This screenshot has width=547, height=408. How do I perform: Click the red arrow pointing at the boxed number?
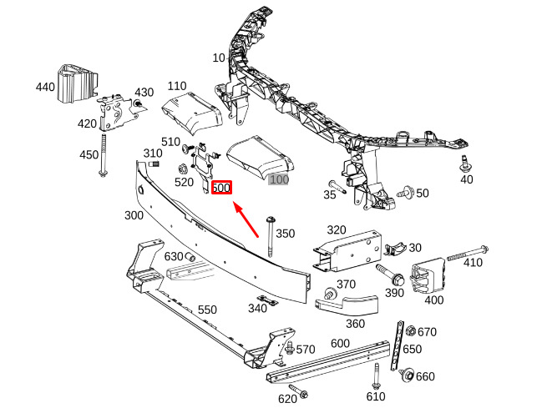coord(246,219)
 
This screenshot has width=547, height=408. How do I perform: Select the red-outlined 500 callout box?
coord(221,188)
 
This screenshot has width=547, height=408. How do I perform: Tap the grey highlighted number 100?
coord(279,179)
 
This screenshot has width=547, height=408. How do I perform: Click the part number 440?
coord(45,87)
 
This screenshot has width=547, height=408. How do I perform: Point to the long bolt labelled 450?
coord(103,155)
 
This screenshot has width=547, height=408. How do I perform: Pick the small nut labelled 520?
coord(182,169)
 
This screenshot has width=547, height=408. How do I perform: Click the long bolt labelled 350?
coord(271,237)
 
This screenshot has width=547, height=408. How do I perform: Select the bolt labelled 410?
coord(468,254)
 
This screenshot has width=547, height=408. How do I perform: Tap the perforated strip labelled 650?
coord(398,345)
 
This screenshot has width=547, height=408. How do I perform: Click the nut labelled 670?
coord(411,330)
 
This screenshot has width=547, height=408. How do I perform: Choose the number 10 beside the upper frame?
coord(219,58)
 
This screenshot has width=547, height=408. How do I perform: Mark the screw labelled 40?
coord(464,164)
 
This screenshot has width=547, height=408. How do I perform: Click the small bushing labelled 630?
coord(190,258)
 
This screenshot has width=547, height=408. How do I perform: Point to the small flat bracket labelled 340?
coord(267,300)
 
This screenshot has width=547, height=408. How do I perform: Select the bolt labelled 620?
coord(298,391)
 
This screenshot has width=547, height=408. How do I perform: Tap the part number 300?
coord(134,215)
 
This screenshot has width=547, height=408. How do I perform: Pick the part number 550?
coord(207,310)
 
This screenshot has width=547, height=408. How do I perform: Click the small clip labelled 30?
coord(395,249)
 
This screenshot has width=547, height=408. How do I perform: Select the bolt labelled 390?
coord(390,274)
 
